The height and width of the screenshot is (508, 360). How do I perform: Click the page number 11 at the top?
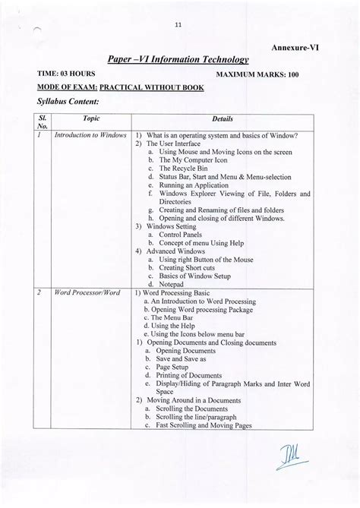coord(179,24)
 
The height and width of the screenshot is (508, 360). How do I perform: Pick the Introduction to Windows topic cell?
coord(90,135)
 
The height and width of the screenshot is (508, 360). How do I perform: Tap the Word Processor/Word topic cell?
coord(84,292)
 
